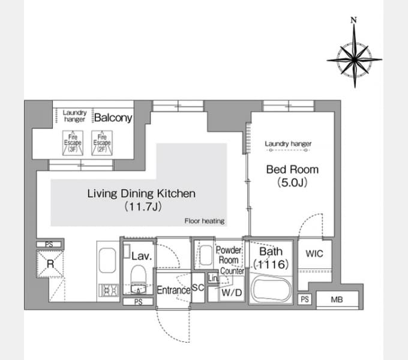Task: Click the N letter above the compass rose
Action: coord(353,20)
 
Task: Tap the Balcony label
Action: coord(113,118)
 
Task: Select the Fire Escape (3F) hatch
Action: coord(73,143)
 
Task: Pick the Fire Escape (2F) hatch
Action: coord(102,143)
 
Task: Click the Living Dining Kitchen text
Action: coord(141,194)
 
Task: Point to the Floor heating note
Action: coord(205,221)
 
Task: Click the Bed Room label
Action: coord(292,169)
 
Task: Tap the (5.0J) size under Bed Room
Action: coord(292,182)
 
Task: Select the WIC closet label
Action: coord(314,254)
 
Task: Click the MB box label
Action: coord(337,299)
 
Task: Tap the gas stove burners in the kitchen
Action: coord(109,290)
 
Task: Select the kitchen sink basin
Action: coord(107,260)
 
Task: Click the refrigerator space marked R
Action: coord(50,264)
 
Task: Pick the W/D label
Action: coord(232,293)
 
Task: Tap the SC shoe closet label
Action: coord(198,287)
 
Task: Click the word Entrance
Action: coord(173,290)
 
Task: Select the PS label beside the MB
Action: coord(305,299)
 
